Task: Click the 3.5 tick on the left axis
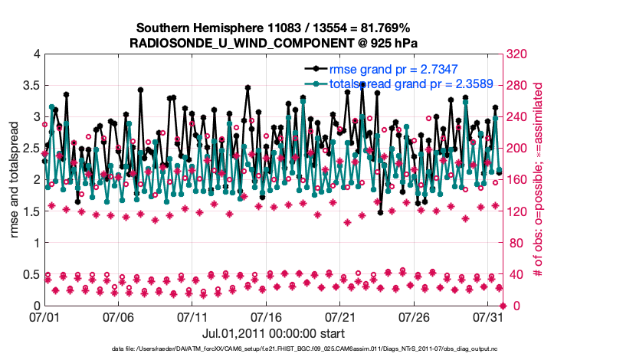30,85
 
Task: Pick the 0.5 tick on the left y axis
30,274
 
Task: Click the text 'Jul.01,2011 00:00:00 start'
274,333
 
